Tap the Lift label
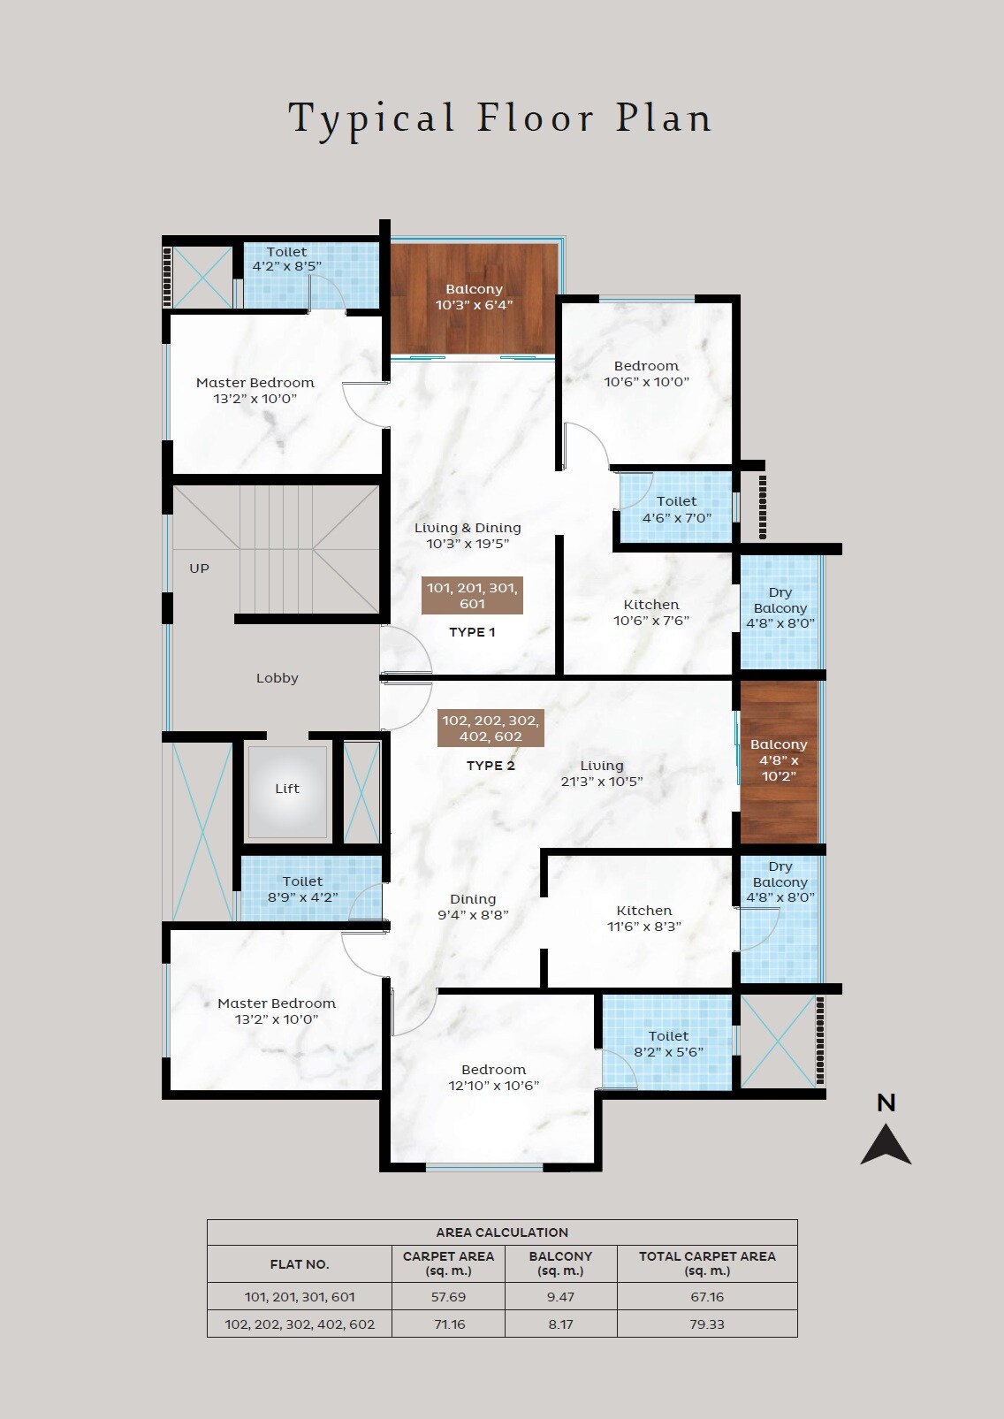287,788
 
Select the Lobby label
277,678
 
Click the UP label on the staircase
199,568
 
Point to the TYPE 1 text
472,631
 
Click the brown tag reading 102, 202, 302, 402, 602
491,728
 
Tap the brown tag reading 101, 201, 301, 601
472,596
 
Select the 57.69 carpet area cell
448,1297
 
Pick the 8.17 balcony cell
560,1324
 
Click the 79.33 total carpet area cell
707,1324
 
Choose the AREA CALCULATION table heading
502,1232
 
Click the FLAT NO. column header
300,1264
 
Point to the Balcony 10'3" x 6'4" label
474,296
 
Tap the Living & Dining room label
468,535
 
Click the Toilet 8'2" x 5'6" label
668,1043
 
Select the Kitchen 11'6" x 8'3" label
644,918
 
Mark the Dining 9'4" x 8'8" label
473,906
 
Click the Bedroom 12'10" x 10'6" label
493,1077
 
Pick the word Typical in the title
372,120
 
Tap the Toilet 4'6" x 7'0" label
676,509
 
